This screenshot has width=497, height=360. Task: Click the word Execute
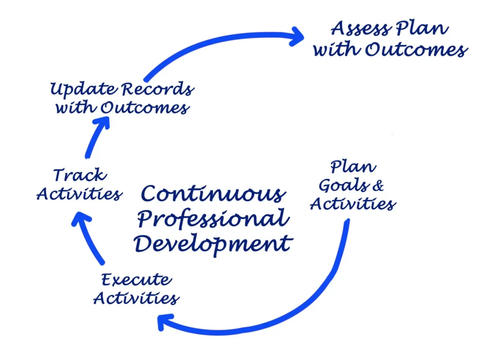[136, 280]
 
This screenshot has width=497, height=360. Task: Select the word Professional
[213, 219]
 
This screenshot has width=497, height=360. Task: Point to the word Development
[213, 243]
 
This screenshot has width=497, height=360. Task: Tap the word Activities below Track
[79, 195]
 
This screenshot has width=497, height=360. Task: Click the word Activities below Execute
[136, 298]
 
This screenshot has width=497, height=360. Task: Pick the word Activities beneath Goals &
[353, 204]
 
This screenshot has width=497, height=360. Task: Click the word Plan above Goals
[353, 167]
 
